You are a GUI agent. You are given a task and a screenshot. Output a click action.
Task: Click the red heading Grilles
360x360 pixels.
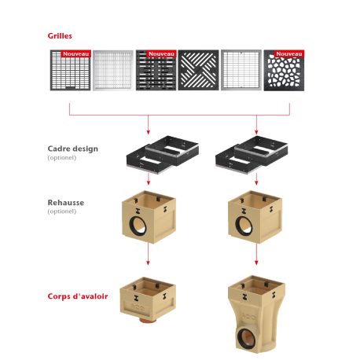point(60,36)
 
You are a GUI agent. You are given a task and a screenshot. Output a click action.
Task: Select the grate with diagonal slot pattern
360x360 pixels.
point(198,70)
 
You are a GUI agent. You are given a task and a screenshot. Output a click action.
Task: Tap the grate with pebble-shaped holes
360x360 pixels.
point(284,71)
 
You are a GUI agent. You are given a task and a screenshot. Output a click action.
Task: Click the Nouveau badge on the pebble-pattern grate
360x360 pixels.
point(289,53)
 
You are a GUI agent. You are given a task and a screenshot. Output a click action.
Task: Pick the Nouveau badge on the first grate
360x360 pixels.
point(75,53)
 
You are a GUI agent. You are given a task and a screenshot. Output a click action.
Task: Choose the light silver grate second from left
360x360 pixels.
point(113,70)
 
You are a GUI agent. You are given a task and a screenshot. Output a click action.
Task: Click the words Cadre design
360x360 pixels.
point(73,149)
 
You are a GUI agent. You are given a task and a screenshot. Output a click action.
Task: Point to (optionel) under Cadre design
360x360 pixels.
point(62,158)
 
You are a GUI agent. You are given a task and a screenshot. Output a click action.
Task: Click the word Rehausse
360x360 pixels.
point(66,203)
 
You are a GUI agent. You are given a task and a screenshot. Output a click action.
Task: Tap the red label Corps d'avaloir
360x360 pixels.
point(78,296)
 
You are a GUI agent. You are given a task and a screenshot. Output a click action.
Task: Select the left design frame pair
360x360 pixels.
point(163,155)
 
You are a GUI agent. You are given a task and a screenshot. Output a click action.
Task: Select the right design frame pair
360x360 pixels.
point(252,155)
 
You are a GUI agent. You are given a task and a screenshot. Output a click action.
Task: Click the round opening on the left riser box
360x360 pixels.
point(138,226)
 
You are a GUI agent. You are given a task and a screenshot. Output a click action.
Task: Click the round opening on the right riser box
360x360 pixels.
point(244,226)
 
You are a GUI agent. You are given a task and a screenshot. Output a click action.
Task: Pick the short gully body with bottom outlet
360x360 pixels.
point(148,299)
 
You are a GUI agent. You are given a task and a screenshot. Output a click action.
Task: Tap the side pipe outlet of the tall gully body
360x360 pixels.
point(246,339)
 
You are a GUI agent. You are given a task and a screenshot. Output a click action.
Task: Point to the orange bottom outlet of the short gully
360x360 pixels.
point(148,320)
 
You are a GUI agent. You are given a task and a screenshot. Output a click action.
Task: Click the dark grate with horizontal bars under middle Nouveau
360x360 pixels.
point(156,70)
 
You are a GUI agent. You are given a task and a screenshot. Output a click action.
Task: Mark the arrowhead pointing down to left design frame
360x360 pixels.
point(149,132)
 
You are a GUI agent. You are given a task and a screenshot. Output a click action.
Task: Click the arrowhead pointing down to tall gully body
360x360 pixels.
point(256,263)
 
